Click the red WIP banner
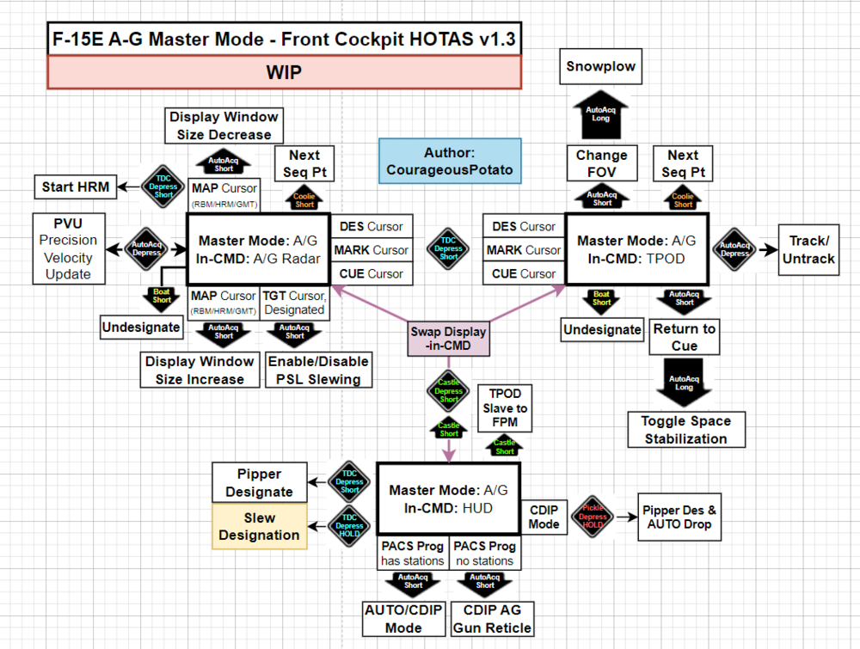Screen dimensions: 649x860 pyautogui.click(x=284, y=72)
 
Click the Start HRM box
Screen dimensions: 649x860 pyautogui.click(x=76, y=186)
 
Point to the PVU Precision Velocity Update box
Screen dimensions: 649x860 pyautogui.click(x=68, y=248)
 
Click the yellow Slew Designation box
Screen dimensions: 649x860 pyautogui.click(x=259, y=526)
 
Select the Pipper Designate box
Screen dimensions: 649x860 pyautogui.click(x=259, y=483)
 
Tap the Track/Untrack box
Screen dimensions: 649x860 pyautogui.click(x=808, y=249)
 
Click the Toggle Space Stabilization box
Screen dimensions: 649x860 pyautogui.click(x=685, y=430)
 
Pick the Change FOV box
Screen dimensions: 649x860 pyautogui.click(x=601, y=163)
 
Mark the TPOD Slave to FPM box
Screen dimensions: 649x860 pyautogui.click(x=504, y=408)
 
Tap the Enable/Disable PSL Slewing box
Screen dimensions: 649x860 pyautogui.click(x=319, y=370)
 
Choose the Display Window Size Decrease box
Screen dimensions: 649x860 pyautogui.click(x=224, y=126)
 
